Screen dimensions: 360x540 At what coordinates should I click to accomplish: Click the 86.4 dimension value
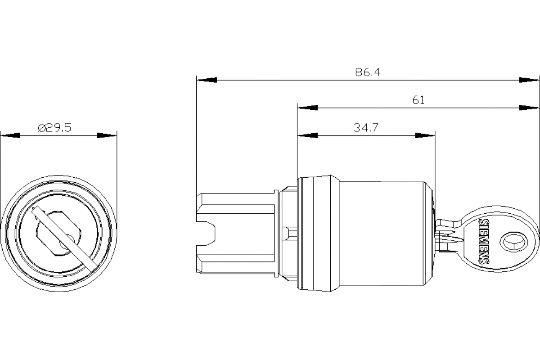click(368, 72)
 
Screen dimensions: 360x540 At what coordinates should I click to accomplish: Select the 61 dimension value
click(418, 100)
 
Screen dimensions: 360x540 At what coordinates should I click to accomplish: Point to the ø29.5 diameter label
click(55, 128)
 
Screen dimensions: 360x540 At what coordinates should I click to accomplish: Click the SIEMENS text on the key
click(484, 242)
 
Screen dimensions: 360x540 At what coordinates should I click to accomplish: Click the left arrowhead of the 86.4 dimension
click(207, 80)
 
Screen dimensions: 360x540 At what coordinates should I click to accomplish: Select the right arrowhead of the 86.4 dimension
click(529, 80)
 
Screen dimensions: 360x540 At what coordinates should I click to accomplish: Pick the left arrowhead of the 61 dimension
click(307, 108)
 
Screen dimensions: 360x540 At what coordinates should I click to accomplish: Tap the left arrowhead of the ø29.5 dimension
click(10, 135)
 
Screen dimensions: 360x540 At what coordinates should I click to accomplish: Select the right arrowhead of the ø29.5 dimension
click(107, 135)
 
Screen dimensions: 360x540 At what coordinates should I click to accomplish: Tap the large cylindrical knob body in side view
click(382, 234)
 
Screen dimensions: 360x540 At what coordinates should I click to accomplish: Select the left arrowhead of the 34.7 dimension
click(307, 135)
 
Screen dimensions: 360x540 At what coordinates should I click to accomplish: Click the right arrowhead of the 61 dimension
click(529, 108)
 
